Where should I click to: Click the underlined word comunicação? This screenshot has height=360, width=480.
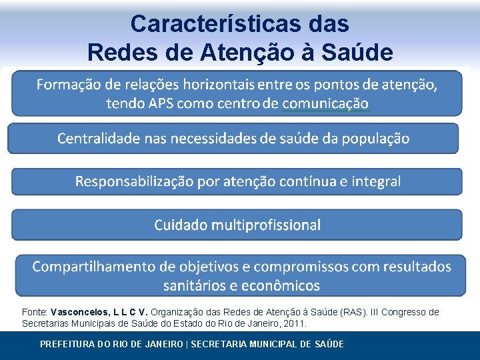325,103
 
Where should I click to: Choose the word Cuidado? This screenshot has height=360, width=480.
181,225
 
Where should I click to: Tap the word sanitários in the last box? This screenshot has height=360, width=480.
194,285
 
